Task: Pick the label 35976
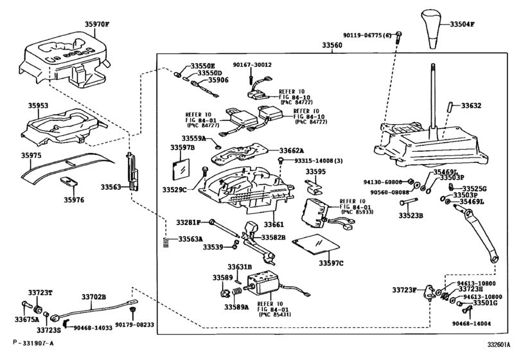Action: coord(74,200)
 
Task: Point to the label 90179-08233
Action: coord(135,326)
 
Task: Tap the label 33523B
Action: coord(409,215)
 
